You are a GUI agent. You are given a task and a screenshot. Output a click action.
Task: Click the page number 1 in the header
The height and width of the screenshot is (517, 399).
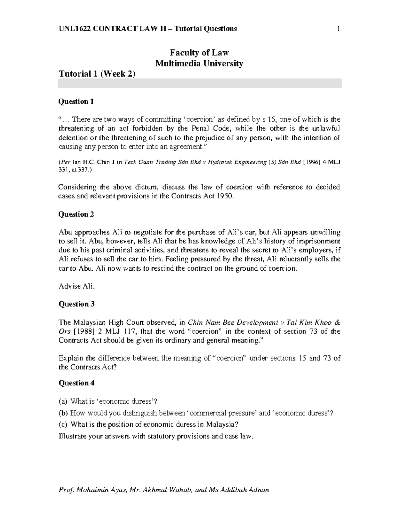338,29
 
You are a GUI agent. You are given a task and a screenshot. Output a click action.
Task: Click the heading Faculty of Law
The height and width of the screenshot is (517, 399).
199,53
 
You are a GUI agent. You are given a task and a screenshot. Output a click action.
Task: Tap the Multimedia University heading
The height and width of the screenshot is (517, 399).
199,63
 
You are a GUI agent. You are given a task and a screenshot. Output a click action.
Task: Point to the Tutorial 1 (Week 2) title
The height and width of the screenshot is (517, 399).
97,74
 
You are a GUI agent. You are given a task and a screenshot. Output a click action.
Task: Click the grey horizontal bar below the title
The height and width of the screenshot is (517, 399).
199,83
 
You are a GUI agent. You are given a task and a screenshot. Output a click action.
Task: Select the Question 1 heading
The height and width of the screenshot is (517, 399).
76,102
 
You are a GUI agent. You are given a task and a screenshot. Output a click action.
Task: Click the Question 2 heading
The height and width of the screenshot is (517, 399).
76,214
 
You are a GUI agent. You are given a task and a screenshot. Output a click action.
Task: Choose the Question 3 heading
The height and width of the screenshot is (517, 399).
76,304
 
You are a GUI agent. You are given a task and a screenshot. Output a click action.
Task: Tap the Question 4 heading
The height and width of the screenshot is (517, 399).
76,383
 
